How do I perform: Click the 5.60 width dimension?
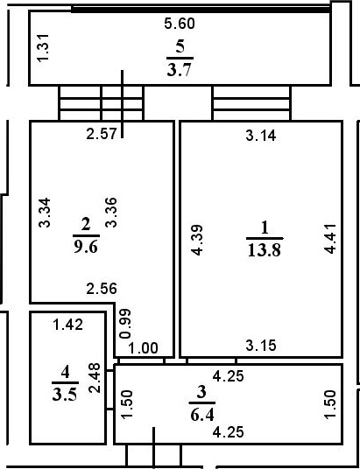pyautogui.click(x=180, y=24)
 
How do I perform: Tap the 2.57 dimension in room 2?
pyautogui.click(x=101, y=134)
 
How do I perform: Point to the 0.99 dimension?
pyautogui.click(x=124, y=322)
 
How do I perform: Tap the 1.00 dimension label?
pyautogui.click(x=144, y=348)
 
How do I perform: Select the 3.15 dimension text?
pyautogui.click(x=261, y=346)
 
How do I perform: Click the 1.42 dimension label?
pyautogui.click(x=67, y=325)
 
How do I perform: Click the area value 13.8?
pyautogui.click(x=263, y=249)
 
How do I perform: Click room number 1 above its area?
pyautogui.click(x=263, y=227)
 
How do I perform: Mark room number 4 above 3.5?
pyautogui.click(x=64, y=374)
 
